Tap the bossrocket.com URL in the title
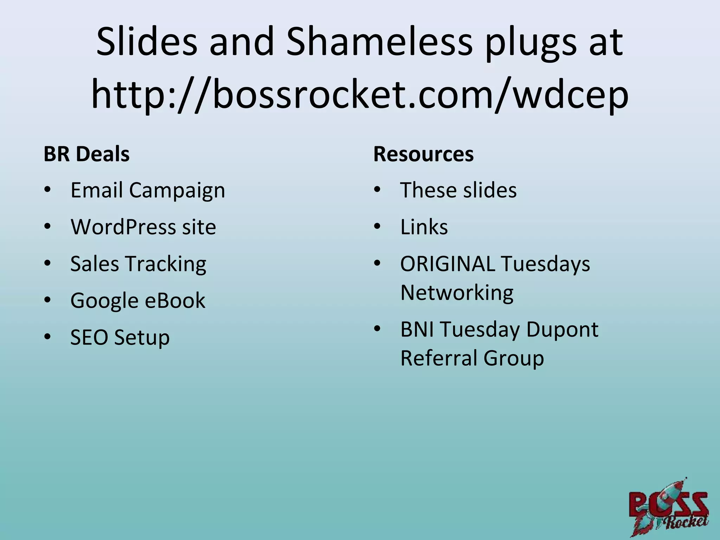click(x=360, y=94)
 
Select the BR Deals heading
click(x=86, y=154)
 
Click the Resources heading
click(x=423, y=154)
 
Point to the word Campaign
click(x=177, y=191)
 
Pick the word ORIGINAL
click(x=448, y=264)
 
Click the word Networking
click(x=457, y=293)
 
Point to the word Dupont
click(x=562, y=330)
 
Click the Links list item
click(x=424, y=227)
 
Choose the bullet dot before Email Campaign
click(x=47, y=190)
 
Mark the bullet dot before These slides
click(x=377, y=190)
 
